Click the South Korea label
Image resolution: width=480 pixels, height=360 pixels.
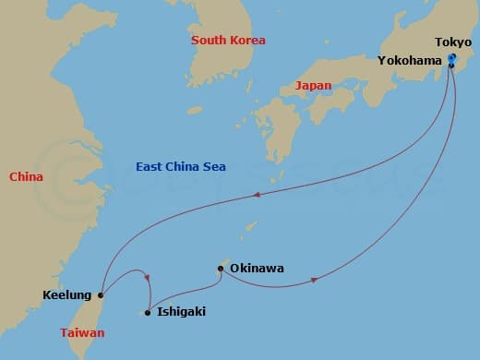(228, 41)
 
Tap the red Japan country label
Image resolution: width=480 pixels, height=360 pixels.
(312, 86)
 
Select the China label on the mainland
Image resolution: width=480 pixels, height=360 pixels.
(27, 176)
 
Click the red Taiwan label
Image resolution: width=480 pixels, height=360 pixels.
(82, 332)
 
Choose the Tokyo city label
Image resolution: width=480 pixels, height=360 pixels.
(453, 42)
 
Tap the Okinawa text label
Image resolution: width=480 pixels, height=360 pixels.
(258, 269)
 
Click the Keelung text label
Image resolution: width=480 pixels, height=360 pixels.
(67, 295)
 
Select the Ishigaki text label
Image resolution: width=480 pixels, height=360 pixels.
(182, 312)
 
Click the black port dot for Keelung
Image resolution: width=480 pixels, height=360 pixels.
(101, 295)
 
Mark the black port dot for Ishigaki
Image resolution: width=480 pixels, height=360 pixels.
(148, 312)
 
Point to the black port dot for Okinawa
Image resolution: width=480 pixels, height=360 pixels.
(220, 270)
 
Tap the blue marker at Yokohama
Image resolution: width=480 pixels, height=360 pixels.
(451, 60)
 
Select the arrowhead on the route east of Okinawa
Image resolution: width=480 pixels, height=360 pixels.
(316, 279)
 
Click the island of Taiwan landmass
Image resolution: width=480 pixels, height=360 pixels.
(92, 318)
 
